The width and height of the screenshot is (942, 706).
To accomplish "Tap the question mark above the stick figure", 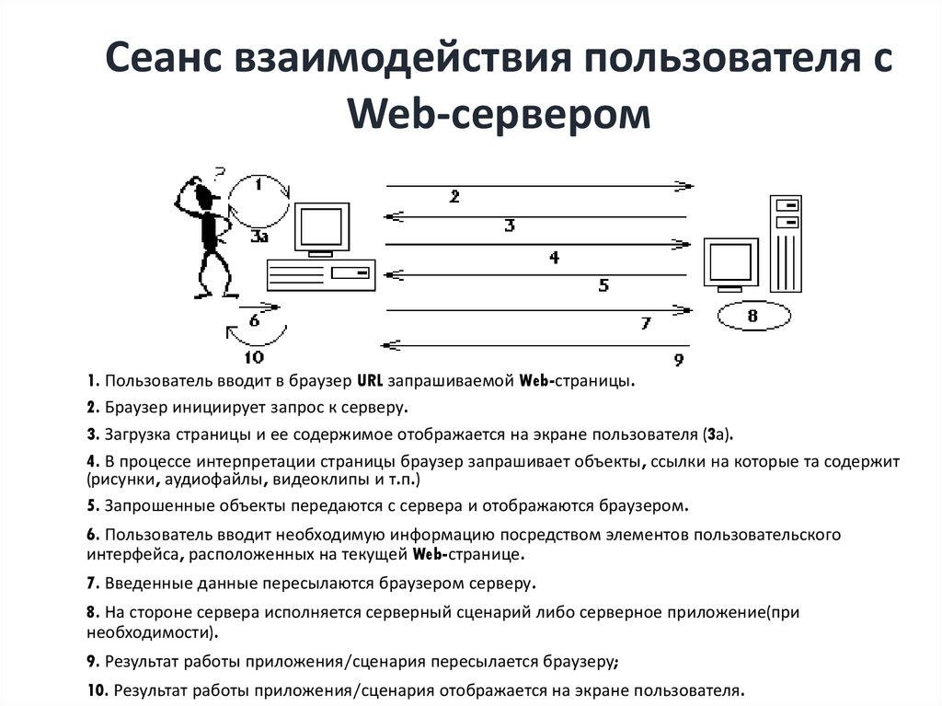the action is click(219, 172).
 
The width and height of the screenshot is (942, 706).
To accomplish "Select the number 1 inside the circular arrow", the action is click(258, 184).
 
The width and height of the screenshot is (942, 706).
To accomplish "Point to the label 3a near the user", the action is click(259, 237).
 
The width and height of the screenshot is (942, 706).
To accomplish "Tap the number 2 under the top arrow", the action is click(454, 196).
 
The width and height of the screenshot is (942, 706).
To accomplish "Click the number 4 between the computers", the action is click(554, 258).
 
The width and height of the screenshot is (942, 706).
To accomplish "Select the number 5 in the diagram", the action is click(603, 285).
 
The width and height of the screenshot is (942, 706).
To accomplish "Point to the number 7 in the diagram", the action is click(646, 323).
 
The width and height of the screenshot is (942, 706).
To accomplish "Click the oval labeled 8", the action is click(752, 318).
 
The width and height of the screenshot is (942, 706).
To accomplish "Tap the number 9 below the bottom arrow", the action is click(678, 359).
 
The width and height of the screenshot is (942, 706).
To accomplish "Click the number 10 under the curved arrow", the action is click(252, 358).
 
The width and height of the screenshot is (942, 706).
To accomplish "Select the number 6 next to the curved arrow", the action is click(255, 321).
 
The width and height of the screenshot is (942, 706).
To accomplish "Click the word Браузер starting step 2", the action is click(134, 408).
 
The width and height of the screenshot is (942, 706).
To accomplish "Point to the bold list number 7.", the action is click(92, 583).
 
